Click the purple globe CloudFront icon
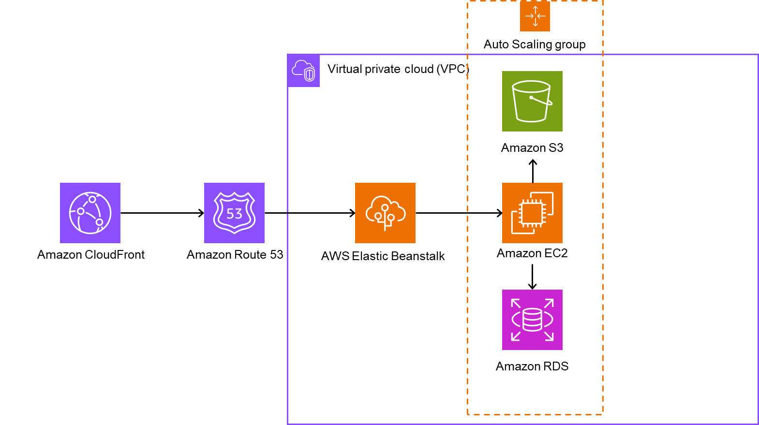click(x=90, y=213)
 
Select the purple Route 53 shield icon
click(x=234, y=213)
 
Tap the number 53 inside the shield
click(x=235, y=214)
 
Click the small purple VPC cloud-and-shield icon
click(x=303, y=71)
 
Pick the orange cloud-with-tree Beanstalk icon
click(x=385, y=213)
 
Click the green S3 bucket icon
click(x=532, y=101)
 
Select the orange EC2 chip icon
click(x=532, y=213)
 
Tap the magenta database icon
click(x=532, y=320)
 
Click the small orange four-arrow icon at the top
click(x=535, y=16)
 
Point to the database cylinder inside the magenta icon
click(x=532, y=320)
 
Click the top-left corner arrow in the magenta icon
click(x=516, y=303)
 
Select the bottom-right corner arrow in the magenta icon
click(x=549, y=337)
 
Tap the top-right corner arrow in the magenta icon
click(x=549, y=303)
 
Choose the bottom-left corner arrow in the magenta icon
click(x=516, y=337)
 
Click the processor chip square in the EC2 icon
click(x=532, y=213)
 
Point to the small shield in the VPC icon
click(x=310, y=74)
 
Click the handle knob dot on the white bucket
click(x=531, y=98)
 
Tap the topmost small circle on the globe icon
click(x=92, y=199)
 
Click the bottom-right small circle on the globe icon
click(x=99, y=222)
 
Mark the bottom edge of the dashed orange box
click(x=535, y=414)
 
